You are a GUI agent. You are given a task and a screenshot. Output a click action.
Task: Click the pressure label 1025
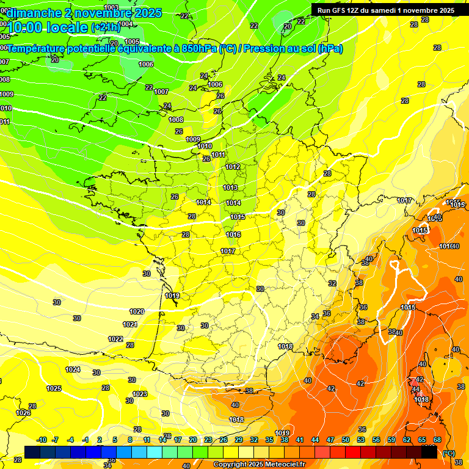pyautogui.click(x=54, y=388)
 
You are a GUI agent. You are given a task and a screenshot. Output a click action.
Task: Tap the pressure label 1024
pyautogui.click(x=73, y=369)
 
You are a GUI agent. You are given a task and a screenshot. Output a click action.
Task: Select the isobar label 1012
pyautogui.click(x=232, y=167)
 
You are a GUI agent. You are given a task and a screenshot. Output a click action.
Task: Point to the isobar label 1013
pyautogui.click(x=230, y=187)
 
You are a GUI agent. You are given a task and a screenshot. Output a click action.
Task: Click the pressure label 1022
pyautogui.click(x=115, y=339)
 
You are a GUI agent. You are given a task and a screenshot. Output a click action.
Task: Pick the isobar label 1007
pyautogui.click(x=161, y=92)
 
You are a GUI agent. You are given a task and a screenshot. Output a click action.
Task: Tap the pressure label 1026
pyautogui.click(x=23, y=413)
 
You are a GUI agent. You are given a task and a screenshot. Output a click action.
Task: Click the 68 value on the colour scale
pyautogui.click(x=437, y=440)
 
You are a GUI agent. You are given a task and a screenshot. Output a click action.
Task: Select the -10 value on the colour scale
pyautogui.click(x=42, y=440)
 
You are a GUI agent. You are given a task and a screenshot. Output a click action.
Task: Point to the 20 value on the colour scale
pyautogui.click(x=193, y=440)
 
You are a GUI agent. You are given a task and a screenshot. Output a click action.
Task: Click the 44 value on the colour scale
pyautogui.click(x=315, y=440)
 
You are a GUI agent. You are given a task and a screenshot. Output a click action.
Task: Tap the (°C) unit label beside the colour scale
pyautogui.click(x=449, y=453)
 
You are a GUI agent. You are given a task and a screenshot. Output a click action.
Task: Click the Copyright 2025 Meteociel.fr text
pyautogui.click(x=260, y=464)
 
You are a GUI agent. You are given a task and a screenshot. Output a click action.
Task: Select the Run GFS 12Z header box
pyautogui.click(x=385, y=10)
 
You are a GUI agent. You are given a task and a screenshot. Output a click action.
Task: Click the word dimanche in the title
pyautogui.click(x=34, y=12)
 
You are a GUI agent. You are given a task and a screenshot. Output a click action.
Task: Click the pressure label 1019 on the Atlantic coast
pyautogui.click(x=172, y=296)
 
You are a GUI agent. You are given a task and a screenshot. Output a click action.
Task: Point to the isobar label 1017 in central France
pyautogui.click(x=228, y=251)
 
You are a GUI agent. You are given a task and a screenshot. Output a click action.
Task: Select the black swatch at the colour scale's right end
pyautogui.click(x=429, y=453)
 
